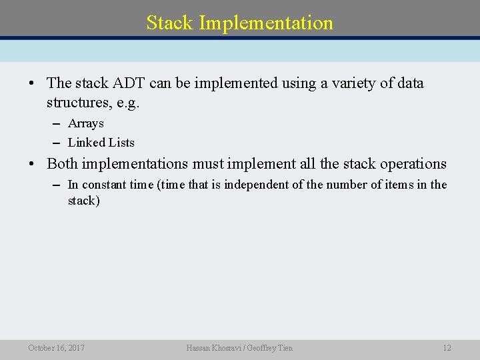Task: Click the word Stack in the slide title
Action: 170,23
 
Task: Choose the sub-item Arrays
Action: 86,123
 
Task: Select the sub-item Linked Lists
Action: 101,142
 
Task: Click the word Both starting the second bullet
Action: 63,163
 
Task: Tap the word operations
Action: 413,163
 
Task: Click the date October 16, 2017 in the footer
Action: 56,347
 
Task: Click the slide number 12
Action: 447,347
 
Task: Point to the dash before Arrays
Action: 55,123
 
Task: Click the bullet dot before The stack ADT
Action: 31,84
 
